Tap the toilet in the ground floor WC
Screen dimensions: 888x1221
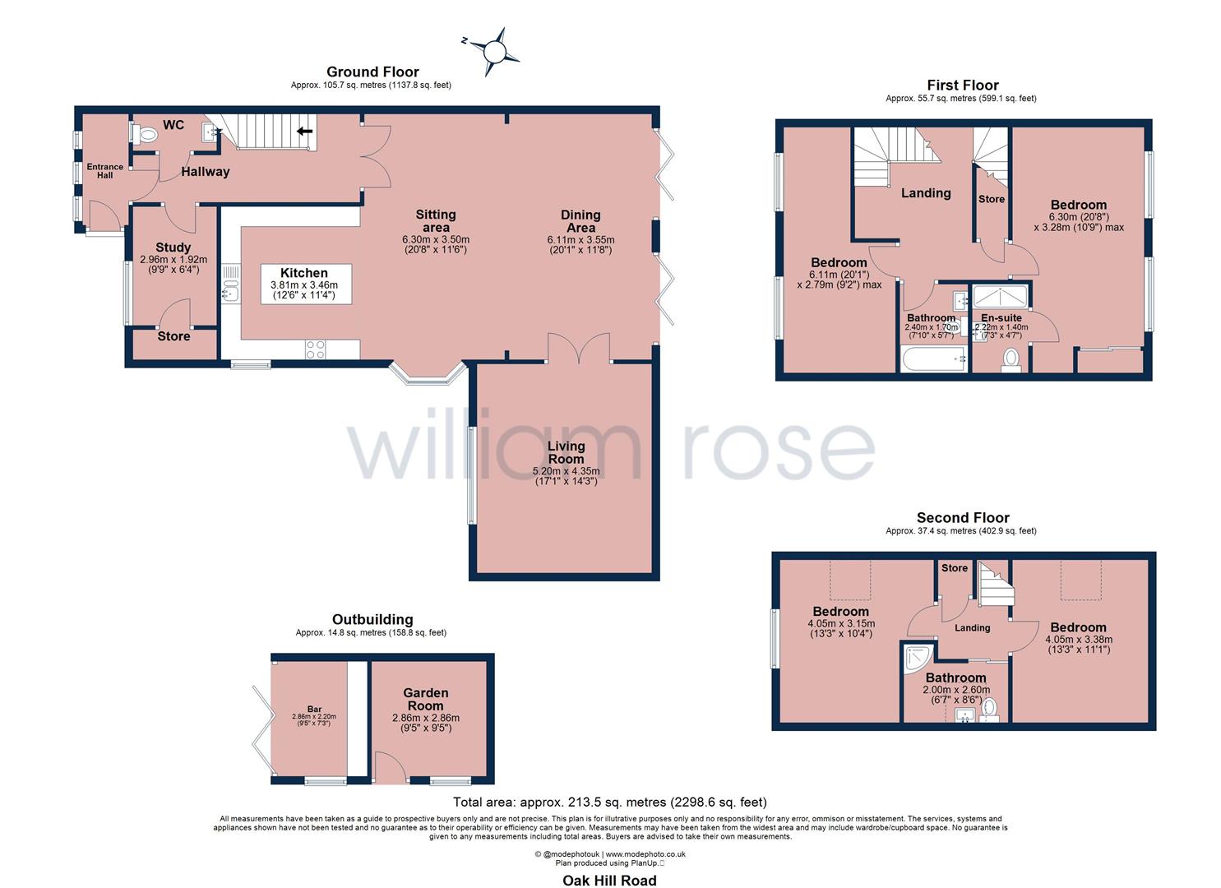point(147,135)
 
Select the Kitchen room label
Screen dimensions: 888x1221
point(303,273)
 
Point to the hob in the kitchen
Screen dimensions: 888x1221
point(316,349)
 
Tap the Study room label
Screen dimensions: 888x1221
point(173,247)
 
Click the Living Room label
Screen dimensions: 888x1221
point(566,452)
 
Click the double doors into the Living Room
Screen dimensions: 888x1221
point(579,349)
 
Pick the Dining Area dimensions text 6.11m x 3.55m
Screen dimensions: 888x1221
point(580,240)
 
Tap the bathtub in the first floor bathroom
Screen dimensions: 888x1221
point(932,359)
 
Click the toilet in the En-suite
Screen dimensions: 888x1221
point(1011,359)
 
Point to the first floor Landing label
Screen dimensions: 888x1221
point(926,193)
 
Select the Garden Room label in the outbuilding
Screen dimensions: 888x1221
point(425,699)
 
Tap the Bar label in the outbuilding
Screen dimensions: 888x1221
point(314,709)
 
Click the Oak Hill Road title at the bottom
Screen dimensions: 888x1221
point(609,881)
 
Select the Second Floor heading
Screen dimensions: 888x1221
point(963,518)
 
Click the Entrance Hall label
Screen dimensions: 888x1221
point(105,171)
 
